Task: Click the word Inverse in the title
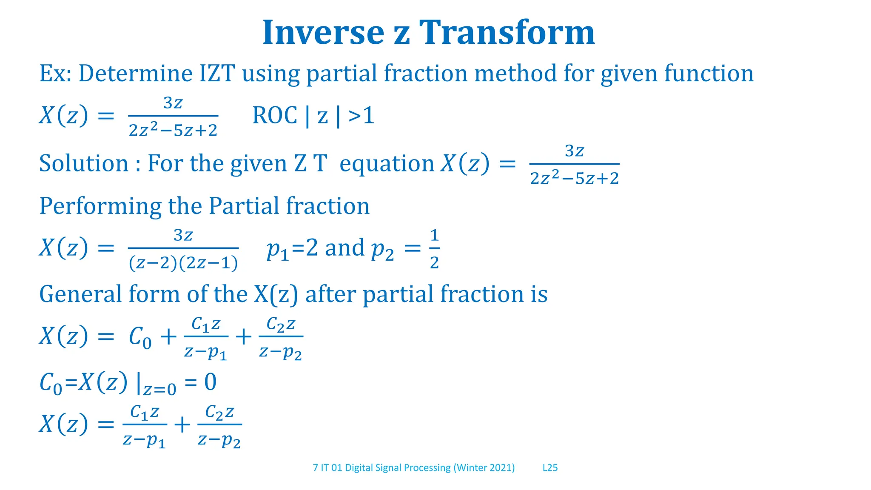(x=323, y=33)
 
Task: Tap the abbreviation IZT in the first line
(x=217, y=73)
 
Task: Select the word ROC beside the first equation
(x=275, y=115)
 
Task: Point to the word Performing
(x=100, y=206)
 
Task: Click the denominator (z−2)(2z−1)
(x=183, y=264)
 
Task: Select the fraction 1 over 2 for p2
(x=434, y=249)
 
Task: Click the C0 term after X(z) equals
(x=140, y=338)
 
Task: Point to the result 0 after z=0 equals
(x=210, y=382)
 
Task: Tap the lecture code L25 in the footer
(x=550, y=468)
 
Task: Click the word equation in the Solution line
(x=387, y=164)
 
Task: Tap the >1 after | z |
(x=361, y=115)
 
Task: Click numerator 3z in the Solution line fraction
(x=574, y=151)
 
